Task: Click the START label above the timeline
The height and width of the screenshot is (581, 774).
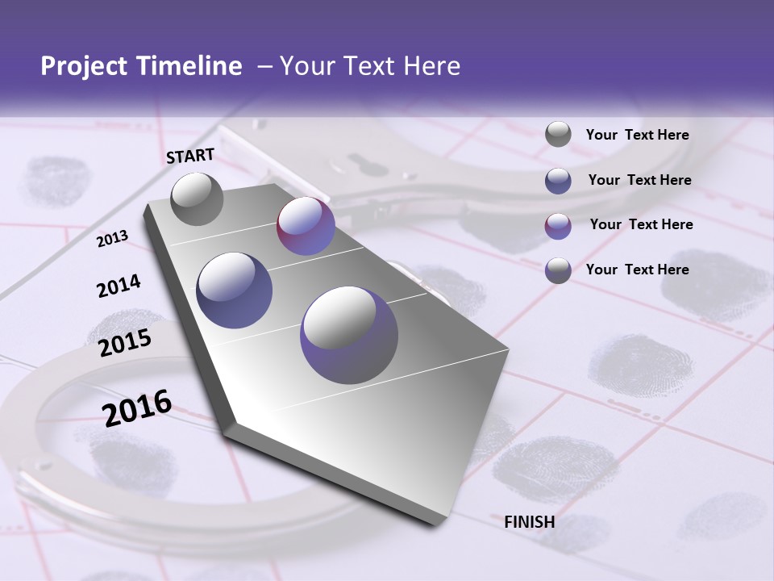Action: point(190,156)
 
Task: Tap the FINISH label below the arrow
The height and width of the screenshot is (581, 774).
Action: point(529,522)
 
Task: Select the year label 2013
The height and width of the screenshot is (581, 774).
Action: point(112,239)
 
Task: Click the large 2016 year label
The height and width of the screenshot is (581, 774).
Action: point(137,408)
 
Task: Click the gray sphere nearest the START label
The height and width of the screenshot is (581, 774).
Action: point(197,199)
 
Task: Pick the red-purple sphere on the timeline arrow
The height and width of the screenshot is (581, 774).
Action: point(306,226)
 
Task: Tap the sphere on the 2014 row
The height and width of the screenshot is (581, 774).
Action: point(235,290)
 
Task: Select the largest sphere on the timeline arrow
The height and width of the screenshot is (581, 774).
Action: point(349,335)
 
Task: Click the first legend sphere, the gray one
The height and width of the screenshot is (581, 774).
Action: point(558,135)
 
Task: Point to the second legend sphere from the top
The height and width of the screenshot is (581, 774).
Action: point(558,180)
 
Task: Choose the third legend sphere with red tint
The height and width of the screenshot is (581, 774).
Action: point(558,225)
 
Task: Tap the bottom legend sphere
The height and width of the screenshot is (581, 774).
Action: point(558,270)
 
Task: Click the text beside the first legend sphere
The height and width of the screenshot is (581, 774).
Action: point(637,136)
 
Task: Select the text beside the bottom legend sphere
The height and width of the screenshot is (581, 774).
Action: point(637,270)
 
